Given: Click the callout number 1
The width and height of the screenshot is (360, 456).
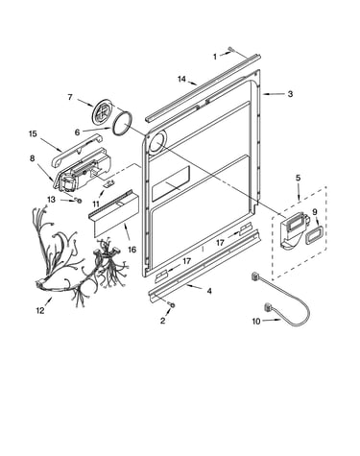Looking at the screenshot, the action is (215, 57).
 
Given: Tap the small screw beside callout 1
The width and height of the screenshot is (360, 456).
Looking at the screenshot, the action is (231, 49).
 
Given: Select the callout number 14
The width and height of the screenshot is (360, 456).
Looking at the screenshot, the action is (181, 79).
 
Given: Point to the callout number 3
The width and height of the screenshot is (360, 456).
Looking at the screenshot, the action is (290, 94).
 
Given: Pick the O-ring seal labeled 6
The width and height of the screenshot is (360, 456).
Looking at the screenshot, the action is (122, 124).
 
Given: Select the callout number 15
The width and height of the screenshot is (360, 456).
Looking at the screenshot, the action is (33, 133).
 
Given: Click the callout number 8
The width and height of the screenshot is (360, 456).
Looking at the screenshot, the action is (33, 158).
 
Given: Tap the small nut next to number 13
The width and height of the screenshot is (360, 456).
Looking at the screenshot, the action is (77, 201).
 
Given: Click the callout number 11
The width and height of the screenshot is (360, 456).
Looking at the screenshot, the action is (96, 204).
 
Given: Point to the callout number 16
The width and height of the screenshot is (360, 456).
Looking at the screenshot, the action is (132, 250).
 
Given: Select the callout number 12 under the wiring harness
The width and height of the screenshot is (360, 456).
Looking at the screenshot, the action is (40, 310).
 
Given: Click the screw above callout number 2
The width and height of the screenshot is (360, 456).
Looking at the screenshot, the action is (172, 305).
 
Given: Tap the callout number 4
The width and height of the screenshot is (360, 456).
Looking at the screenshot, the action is (209, 291).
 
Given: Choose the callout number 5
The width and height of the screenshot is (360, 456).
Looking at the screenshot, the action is (298, 178).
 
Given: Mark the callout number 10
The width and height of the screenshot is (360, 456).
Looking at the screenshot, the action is (256, 321).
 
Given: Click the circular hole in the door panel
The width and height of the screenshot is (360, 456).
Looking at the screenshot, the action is (156, 142).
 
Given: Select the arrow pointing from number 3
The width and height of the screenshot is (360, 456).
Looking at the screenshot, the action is (274, 94).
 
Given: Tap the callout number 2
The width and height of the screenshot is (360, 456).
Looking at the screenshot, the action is (163, 321).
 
